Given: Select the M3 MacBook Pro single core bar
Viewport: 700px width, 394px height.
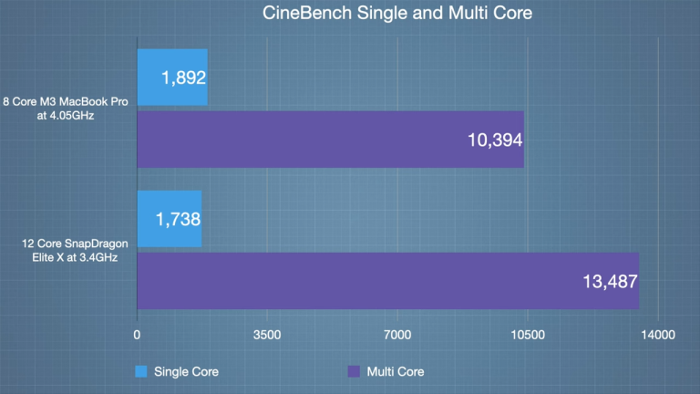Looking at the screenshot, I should (x=172, y=78).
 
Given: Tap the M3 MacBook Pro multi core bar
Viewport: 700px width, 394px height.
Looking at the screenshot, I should (x=330, y=140).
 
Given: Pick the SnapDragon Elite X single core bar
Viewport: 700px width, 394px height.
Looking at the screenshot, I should (x=169, y=219).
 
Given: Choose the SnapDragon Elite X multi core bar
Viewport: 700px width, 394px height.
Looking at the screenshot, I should (x=387, y=281).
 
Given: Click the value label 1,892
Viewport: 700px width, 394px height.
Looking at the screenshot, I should (x=185, y=78).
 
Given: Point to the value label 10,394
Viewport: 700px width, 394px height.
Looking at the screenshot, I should (x=493, y=140).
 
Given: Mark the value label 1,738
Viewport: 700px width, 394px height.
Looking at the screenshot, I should (x=179, y=220).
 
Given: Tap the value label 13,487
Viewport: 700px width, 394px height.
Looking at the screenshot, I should (x=609, y=282).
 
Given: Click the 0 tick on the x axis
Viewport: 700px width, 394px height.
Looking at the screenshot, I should (x=137, y=336).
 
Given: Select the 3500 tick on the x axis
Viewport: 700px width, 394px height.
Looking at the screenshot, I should (x=267, y=336).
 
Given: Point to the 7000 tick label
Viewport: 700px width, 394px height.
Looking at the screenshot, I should (x=397, y=336).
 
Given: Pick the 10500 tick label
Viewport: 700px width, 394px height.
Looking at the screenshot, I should (x=528, y=336).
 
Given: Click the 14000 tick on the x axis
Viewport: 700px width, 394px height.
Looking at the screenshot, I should (x=658, y=336).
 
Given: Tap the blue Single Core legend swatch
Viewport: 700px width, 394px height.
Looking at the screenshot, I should (x=141, y=371).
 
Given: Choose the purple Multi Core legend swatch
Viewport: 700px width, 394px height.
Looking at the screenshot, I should (x=354, y=371).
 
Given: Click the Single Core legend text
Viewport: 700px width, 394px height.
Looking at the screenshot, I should (x=186, y=371).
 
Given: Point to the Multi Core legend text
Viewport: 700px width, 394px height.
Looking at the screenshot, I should (x=395, y=371).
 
